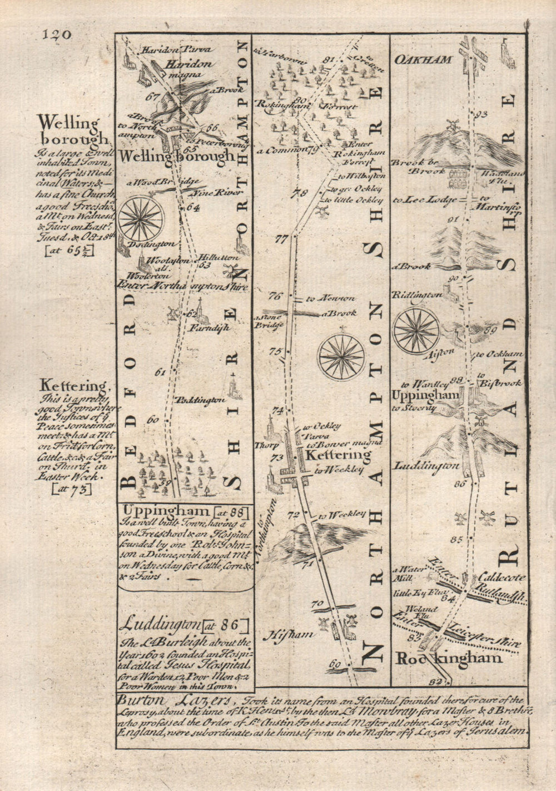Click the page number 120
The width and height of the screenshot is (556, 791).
(x=56, y=34)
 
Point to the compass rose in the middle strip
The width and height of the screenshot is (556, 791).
(x=341, y=354)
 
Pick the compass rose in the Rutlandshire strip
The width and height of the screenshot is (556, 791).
(x=415, y=330)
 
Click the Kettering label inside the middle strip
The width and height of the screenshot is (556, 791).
(x=338, y=455)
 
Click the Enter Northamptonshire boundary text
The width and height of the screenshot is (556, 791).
(x=182, y=285)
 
